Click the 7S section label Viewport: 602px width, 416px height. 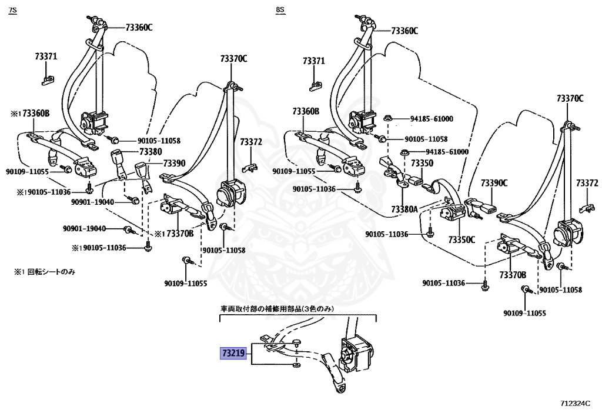[13, 10]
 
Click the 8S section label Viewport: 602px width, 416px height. [280, 10]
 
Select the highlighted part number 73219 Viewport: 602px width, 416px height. [233, 352]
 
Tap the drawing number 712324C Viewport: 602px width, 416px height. [574, 403]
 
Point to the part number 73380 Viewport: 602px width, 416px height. [150, 152]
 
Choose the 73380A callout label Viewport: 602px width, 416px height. [404, 209]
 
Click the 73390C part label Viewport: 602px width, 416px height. [494, 183]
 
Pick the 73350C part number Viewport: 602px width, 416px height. [461, 239]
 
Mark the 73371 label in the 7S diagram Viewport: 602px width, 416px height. [46, 56]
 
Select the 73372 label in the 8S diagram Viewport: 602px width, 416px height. [587, 183]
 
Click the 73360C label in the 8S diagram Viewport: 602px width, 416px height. [404, 31]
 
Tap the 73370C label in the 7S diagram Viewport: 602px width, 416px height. [234, 59]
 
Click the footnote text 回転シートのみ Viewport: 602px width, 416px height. [51, 272]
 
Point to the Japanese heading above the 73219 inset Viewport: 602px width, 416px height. [277, 308]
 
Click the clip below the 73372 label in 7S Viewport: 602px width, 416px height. [250, 168]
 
